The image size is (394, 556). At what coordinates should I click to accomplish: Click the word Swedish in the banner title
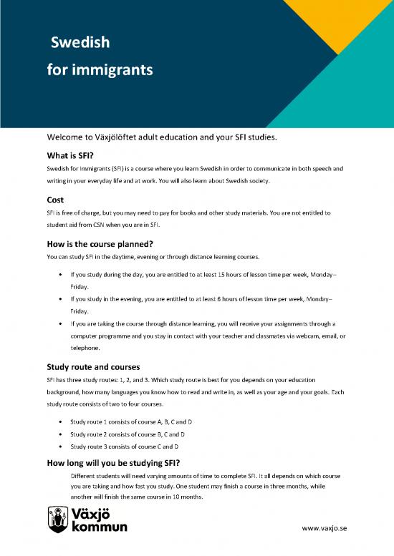[80, 44]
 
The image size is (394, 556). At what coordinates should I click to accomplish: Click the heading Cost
[56, 200]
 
